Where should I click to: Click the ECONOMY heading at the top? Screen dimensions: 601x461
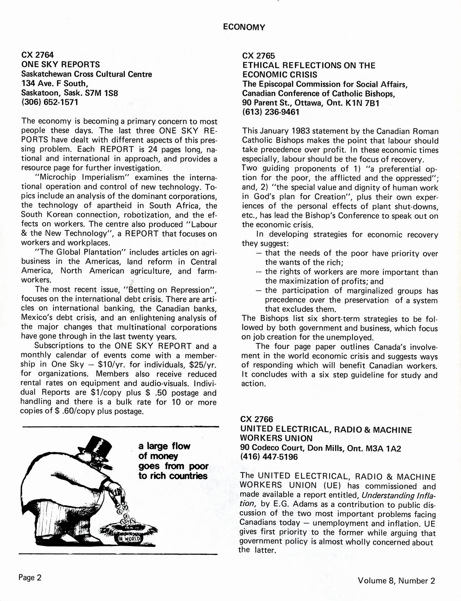(x=244, y=27)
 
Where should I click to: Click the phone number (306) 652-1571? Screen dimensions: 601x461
(x=50, y=102)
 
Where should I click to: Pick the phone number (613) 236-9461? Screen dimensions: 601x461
(x=271, y=112)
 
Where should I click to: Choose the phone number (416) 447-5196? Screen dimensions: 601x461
(x=269, y=457)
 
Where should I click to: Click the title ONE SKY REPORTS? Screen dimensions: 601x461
(x=61, y=64)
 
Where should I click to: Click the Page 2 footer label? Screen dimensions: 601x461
(x=30, y=578)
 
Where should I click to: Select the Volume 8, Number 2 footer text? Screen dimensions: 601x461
(x=397, y=580)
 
